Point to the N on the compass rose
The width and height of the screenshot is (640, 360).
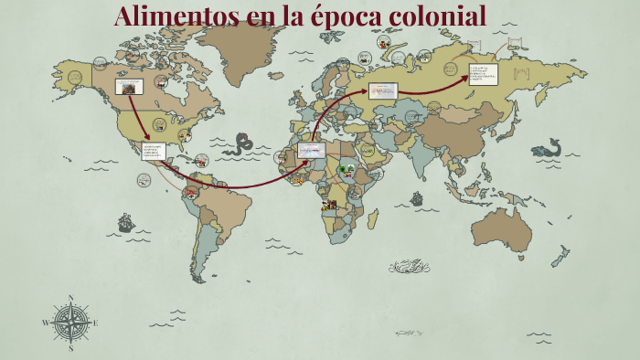71,297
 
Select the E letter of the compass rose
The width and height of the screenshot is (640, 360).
96,323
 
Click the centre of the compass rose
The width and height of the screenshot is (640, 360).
71,323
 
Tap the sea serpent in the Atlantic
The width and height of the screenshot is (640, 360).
242,143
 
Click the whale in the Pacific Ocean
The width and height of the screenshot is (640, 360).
546,148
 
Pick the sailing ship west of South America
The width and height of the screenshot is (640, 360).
125,222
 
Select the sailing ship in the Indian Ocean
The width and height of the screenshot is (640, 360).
417,197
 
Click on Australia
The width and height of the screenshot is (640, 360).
501,228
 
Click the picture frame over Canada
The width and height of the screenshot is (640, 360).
128,88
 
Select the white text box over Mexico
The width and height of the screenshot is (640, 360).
153,151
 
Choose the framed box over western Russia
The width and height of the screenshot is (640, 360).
383,90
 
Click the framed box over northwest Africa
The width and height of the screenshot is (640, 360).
311,149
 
